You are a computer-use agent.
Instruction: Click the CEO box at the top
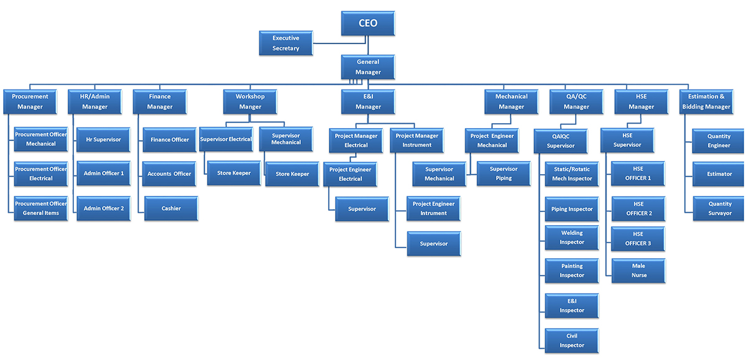(x=367, y=24)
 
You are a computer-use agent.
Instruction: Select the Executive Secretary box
(x=285, y=43)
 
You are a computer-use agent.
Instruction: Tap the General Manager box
(x=367, y=67)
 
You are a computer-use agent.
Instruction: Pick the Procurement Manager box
(x=30, y=101)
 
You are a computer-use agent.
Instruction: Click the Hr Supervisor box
(x=103, y=140)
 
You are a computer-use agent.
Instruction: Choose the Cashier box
(x=171, y=208)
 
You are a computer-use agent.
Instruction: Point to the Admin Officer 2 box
(x=103, y=208)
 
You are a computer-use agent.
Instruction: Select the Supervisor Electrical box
(x=226, y=139)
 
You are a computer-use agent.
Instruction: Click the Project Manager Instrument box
(x=417, y=141)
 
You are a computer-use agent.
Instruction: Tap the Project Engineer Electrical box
(x=349, y=174)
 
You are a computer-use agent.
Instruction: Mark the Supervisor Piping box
(x=504, y=173)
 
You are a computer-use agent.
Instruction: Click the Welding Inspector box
(x=571, y=238)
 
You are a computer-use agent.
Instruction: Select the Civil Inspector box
(x=571, y=340)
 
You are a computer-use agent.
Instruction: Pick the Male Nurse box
(x=638, y=270)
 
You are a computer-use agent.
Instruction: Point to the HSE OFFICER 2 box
(x=638, y=208)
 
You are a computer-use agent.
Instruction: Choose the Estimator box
(x=719, y=174)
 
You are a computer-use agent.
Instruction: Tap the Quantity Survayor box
(x=719, y=208)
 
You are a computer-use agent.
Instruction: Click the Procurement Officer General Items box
(x=41, y=208)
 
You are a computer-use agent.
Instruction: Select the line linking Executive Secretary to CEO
(x=339, y=43)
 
